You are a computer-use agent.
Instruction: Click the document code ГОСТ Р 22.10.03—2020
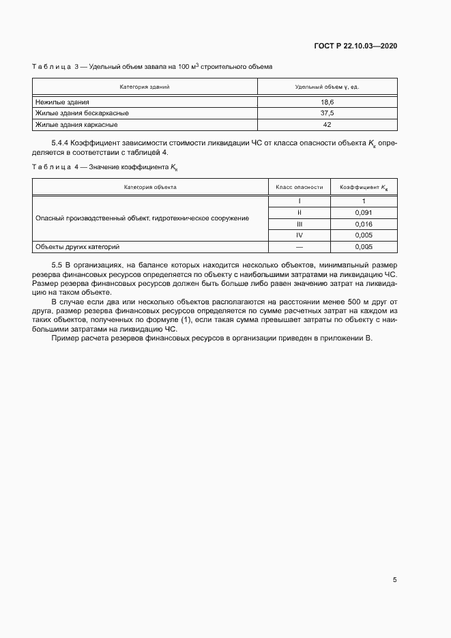click(355, 46)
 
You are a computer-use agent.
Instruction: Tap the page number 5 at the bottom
click(394, 580)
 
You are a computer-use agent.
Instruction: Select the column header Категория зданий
click(145, 87)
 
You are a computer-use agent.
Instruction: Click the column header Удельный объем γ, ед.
click(326, 87)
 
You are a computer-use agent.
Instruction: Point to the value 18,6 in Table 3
click(326, 102)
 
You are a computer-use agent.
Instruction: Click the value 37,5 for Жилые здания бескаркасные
click(326, 113)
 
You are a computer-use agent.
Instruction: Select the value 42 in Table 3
click(326, 125)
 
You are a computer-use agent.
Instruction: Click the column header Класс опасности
click(299, 187)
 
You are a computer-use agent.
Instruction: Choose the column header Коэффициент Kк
click(364, 187)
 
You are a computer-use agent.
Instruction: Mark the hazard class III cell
click(299, 224)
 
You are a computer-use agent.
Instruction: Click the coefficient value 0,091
click(364, 212)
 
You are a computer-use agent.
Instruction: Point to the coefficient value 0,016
click(364, 224)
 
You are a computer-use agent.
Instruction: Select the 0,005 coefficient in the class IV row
click(364, 235)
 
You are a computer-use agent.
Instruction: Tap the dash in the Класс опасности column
click(299, 247)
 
